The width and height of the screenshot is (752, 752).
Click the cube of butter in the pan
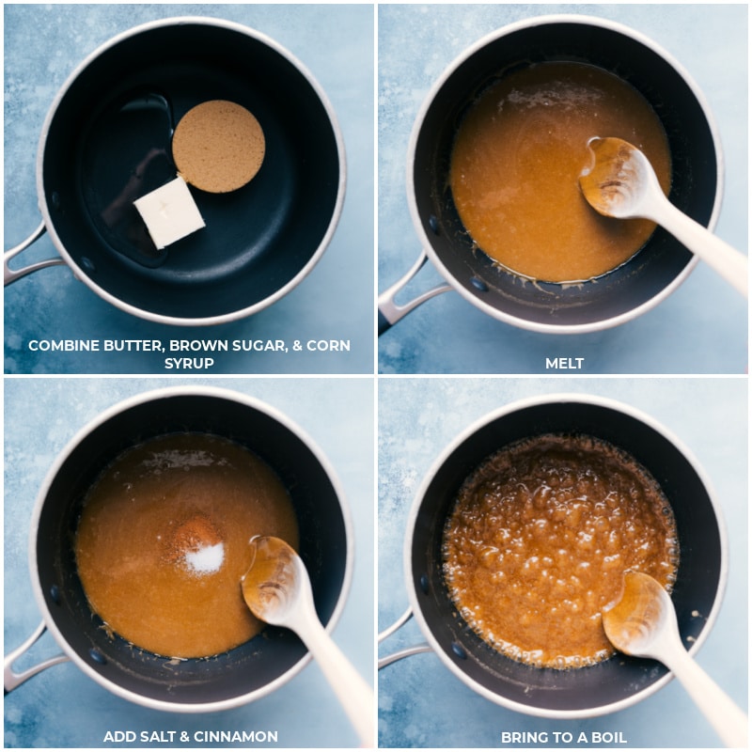point(169,211)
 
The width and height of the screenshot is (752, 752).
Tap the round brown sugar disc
point(218,147)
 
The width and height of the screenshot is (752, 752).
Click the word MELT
point(564,363)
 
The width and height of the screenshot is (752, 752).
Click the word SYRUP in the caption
point(189,363)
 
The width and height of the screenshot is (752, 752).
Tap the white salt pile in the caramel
point(204,559)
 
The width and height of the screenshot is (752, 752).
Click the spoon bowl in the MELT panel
point(616,177)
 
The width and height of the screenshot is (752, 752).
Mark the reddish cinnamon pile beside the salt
point(195,536)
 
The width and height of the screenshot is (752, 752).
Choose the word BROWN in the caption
point(189,345)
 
